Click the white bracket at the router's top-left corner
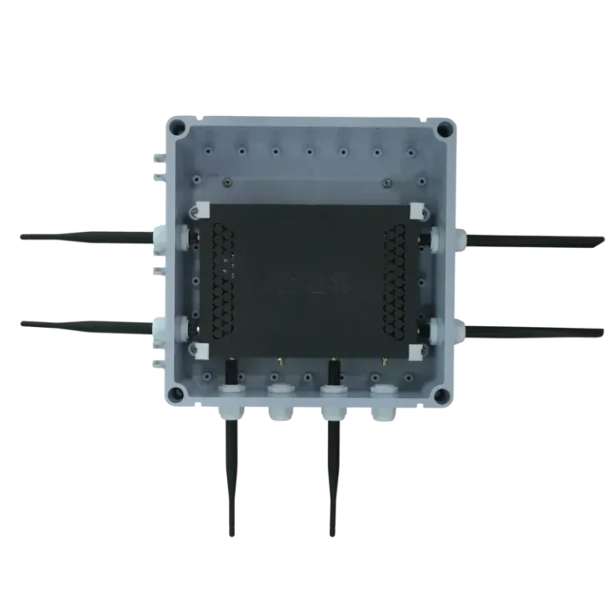(x=200, y=209)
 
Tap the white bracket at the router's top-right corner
(x=417, y=209)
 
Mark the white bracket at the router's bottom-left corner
(x=200, y=350)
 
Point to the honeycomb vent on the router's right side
(x=397, y=280)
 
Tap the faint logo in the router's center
(x=308, y=281)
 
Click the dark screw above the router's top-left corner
(x=230, y=182)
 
